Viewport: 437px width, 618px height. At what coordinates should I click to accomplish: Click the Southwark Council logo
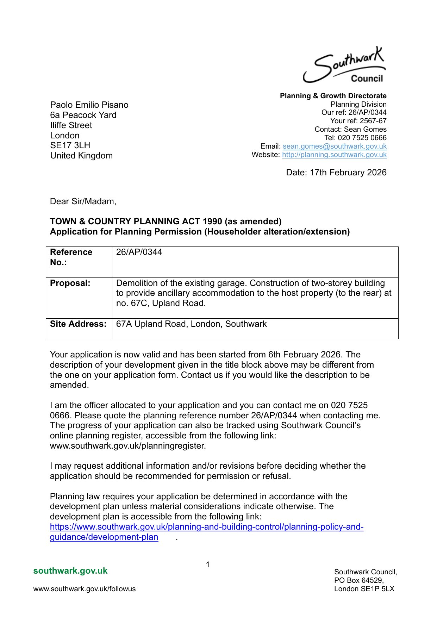point(344,65)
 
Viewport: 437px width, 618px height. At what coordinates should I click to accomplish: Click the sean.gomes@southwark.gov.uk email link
point(335,146)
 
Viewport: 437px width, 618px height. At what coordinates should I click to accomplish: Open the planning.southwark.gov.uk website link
point(334,155)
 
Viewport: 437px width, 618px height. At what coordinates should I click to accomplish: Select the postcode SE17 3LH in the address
point(70,145)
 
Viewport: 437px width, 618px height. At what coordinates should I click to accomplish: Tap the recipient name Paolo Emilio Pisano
point(89,105)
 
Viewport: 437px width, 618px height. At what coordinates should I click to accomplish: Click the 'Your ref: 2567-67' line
point(358,121)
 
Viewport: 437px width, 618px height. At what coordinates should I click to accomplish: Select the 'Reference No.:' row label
point(71,257)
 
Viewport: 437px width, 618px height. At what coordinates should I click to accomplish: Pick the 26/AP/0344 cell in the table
point(139,252)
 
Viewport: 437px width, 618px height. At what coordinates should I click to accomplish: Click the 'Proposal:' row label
point(70,283)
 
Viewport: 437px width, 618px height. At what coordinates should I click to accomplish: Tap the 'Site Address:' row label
point(78,324)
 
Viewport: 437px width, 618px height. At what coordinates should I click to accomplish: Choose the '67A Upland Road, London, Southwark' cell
point(191,324)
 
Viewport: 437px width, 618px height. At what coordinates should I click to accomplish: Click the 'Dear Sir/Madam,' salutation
point(83,201)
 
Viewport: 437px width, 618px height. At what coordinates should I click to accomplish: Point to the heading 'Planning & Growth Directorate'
point(333,96)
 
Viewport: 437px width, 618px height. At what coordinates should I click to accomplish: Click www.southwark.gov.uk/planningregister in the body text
point(127,446)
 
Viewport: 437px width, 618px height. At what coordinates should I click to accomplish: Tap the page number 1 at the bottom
point(208,565)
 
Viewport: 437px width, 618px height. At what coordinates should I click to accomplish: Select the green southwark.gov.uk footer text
point(70,571)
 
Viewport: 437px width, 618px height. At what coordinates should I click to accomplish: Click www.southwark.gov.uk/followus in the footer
point(85,589)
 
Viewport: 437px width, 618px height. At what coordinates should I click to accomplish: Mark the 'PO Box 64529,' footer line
point(359,580)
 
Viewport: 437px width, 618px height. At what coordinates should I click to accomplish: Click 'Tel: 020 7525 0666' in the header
point(355,138)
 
